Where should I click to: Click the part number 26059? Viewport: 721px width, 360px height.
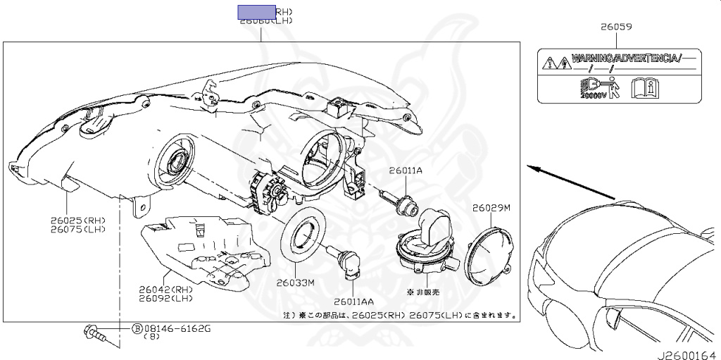click(x=616, y=27)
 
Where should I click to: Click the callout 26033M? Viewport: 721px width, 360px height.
click(x=294, y=283)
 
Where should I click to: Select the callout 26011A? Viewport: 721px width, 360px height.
click(x=406, y=170)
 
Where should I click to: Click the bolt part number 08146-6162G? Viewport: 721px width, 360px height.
click(x=177, y=329)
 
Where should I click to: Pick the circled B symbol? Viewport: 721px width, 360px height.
click(x=137, y=329)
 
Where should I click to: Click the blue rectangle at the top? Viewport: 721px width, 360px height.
click(x=256, y=11)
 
